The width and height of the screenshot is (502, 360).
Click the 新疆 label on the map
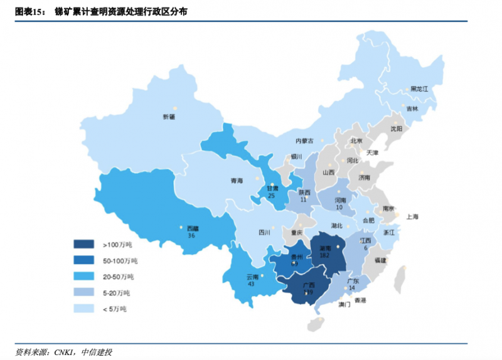pyautogui.click(x=169, y=117)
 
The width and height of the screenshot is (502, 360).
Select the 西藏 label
pyautogui.click(x=192, y=228)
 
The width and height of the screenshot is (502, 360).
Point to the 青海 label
pyautogui.click(x=236, y=181)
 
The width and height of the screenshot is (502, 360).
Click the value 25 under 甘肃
pyautogui.click(x=272, y=196)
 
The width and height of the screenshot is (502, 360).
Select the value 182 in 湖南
pyautogui.click(x=324, y=255)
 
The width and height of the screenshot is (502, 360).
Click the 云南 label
pyautogui.click(x=251, y=277)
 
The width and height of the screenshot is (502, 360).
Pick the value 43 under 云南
pyautogui.click(x=251, y=284)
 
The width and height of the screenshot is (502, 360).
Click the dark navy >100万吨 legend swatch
pyautogui.click(x=83, y=244)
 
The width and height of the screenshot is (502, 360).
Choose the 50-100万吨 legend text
pyautogui.click(x=120, y=260)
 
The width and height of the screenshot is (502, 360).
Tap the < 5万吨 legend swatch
pyautogui.click(x=83, y=309)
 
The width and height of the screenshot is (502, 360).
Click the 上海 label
pyautogui.click(x=412, y=216)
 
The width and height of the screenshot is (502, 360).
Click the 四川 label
pyautogui.click(x=264, y=232)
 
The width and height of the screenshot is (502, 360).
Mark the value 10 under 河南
pyautogui.click(x=339, y=207)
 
